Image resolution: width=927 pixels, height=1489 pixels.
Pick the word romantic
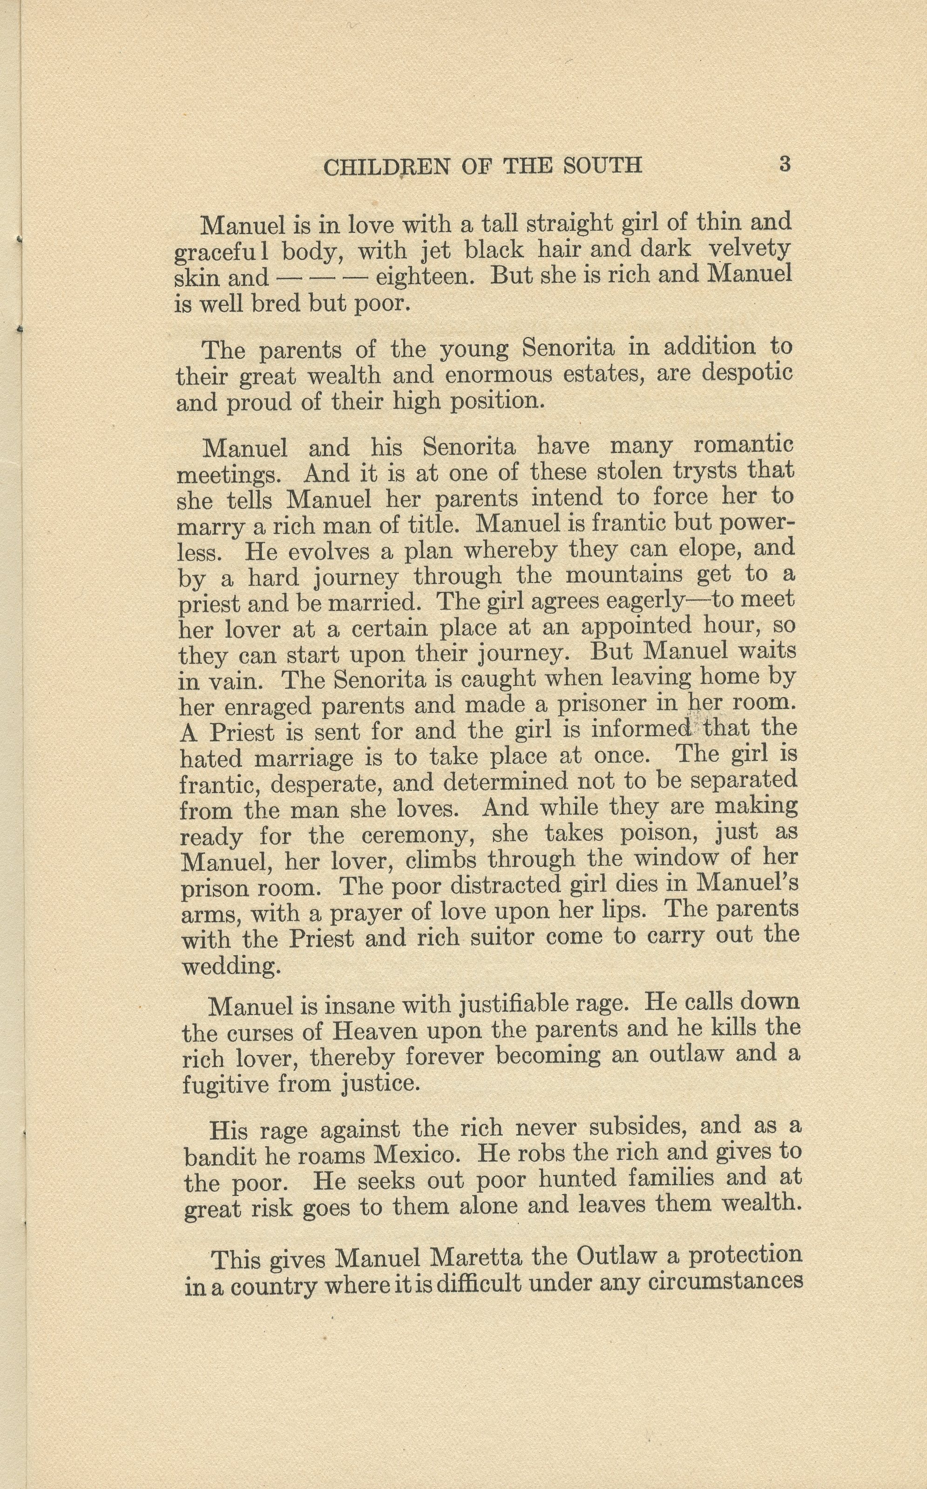pos(743,445)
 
